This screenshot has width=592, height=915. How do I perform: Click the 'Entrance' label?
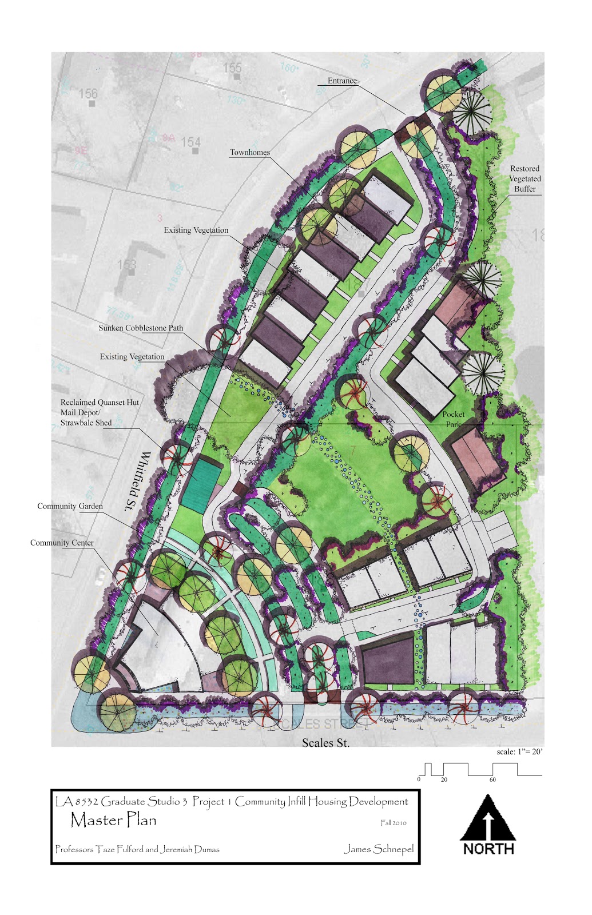342,81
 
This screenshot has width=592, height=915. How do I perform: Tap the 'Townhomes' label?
249,153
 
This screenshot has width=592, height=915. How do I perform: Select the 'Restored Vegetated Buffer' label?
525,178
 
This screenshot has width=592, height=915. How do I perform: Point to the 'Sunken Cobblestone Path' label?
141,328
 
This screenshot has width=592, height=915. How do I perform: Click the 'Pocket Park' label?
454,419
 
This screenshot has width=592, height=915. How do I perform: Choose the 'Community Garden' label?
70,506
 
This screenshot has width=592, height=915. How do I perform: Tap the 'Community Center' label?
62,543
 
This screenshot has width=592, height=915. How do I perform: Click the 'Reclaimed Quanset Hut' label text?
100,403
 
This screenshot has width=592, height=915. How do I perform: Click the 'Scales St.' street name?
325,743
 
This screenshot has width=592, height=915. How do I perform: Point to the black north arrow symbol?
487,818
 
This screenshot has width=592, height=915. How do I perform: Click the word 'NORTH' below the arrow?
488,849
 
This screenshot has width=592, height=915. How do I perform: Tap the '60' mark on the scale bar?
492,779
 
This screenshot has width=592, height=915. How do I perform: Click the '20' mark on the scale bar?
444,779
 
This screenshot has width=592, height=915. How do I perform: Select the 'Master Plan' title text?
113,820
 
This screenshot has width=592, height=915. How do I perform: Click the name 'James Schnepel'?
379,849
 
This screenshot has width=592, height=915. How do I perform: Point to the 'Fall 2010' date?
394,823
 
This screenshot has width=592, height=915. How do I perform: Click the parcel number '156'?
88,93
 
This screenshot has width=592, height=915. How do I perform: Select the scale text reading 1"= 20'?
519,752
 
